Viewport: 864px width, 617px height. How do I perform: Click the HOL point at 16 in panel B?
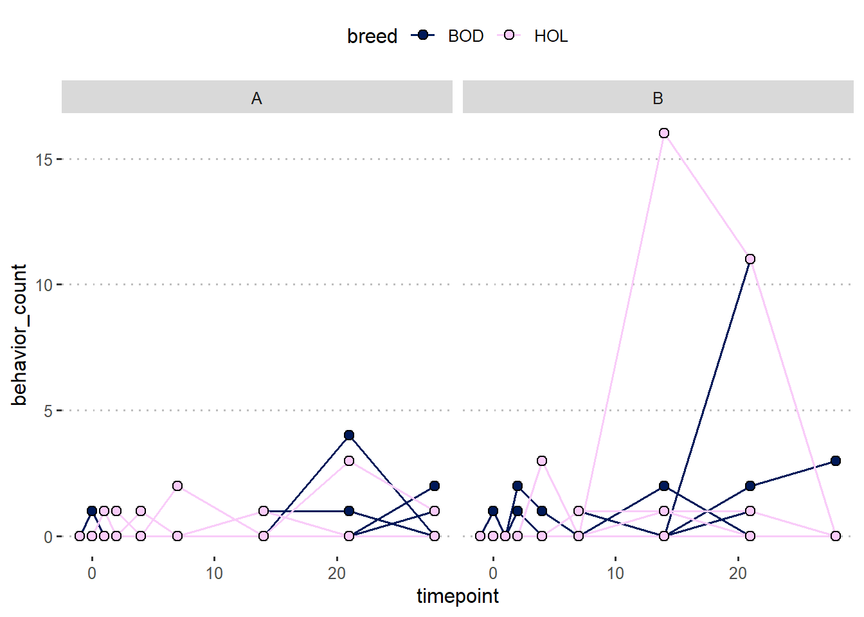click(664, 133)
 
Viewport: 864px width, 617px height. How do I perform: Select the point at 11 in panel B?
click(750, 259)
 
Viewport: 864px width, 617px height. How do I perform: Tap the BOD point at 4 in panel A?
click(349, 435)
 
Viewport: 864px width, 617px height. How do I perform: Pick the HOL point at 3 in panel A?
click(349, 461)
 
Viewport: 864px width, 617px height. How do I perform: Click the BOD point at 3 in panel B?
click(836, 461)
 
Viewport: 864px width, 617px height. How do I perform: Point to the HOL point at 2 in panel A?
click(177, 486)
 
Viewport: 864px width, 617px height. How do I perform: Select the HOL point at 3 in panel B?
click(542, 461)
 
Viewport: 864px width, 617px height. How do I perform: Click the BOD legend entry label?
click(465, 36)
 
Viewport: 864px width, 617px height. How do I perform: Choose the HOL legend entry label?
click(551, 36)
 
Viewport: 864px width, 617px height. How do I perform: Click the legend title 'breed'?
click(372, 36)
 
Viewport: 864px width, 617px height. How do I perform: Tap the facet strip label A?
click(256, 98)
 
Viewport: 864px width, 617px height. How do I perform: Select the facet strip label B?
click(658, 98)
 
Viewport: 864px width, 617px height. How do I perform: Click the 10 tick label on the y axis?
click(44, 285)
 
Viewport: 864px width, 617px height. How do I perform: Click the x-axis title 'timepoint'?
click(457, 596)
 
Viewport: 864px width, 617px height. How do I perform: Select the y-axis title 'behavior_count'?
click(19, 334)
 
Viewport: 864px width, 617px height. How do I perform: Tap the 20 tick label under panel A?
click(337, 573)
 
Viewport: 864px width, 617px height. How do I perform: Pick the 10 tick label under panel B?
click(615, 573)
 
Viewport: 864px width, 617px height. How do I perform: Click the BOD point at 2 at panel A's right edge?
click(435, 486)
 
